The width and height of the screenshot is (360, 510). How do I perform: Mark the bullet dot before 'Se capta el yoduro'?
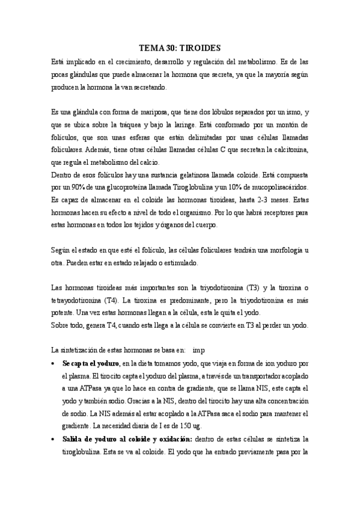coord(55,363)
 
